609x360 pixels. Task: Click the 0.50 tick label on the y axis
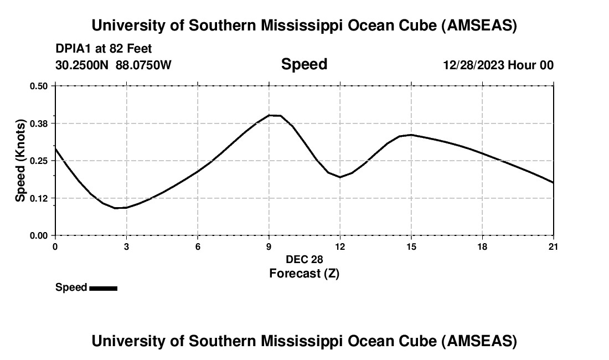pyautogui.click(x=39, y=86)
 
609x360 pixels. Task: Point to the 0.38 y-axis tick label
pyautogui.click(x=39, y=123)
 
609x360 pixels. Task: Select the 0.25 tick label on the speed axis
pyautogui.click(x=39, y=161)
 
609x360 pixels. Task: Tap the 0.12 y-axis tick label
pyautogui.click(x=39, y=198)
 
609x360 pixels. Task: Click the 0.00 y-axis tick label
pyautogui.click(x=39, y=235)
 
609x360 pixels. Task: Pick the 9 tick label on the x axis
pyautogui.click(x=269, y=246)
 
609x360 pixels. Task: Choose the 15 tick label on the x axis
pyautogui.click(x=411, y=246)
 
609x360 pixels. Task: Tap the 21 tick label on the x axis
pyautogui.click(x=553, y=246)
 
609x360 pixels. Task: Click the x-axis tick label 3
pyautogui.click(x=127, y=246)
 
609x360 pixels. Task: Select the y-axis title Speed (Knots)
pyautogui.click(x=20, y=161)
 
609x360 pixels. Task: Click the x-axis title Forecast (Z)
pyautogui.click(x=304, y=273)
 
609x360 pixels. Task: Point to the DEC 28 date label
pyautogui.click(x=304, y=259)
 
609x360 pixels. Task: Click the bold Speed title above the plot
pyautogui.click(x=304, y=64)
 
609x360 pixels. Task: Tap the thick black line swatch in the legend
pyautogui.click(x=103, y=288)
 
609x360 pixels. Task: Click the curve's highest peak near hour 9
pyautogui.click(x=271, y=115)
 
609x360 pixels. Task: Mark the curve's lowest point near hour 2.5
pyautogui.click(x=116, y=208)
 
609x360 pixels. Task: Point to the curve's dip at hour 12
pyautogui.click(x=340, y=177)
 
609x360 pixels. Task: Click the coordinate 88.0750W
pyautogui.click(x=143, y=65)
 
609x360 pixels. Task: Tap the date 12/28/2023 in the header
pyautogui.click(x=473, y=65)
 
